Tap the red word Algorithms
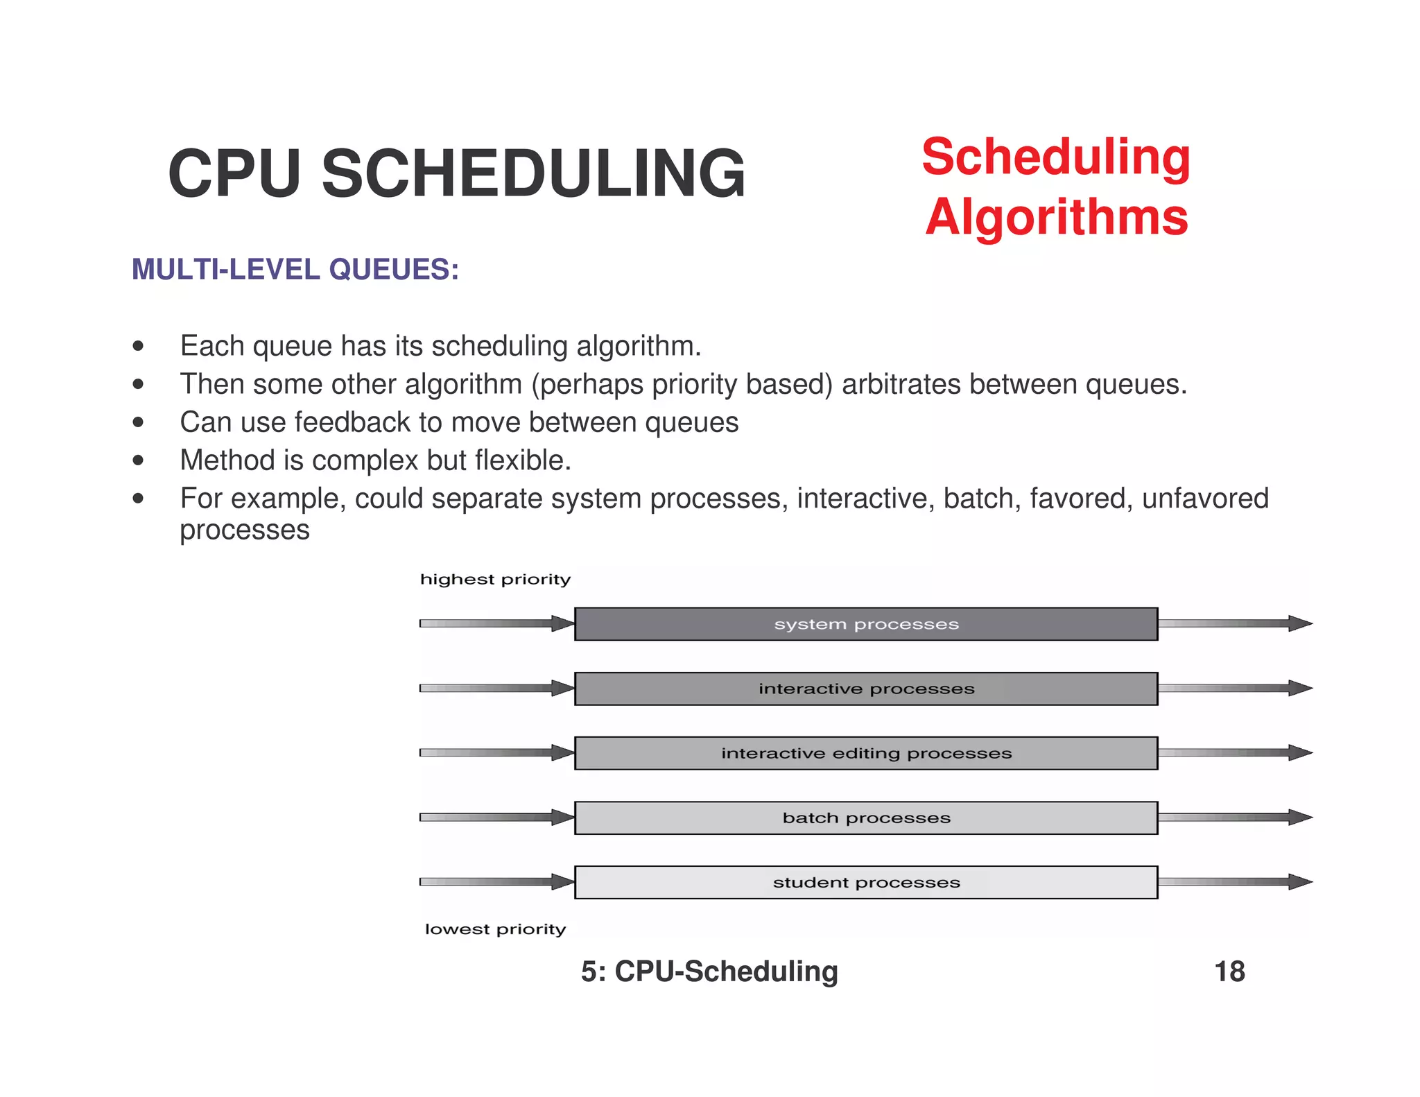(x=1056, y=217)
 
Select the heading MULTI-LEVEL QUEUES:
(x=295, y=270)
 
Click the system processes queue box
(x=866, y=624)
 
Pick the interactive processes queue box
(x=866, y=689)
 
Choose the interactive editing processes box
(x=866, y=753)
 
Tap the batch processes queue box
(x=866, y=818)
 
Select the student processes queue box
(x=866, y=883)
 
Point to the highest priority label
(x=495, y=580)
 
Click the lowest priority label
(x=495, y=929)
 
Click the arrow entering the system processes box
(x=496, y=623)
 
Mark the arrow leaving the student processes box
(x=1235, y=882)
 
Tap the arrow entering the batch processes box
(x=496, y=818)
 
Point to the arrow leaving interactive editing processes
(x=1235, y=752)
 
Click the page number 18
(x=1229, y=971)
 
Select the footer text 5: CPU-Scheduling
(x=709, y=971)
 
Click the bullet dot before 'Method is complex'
(x=139, y=460)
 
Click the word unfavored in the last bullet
(x=1205, y=499)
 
